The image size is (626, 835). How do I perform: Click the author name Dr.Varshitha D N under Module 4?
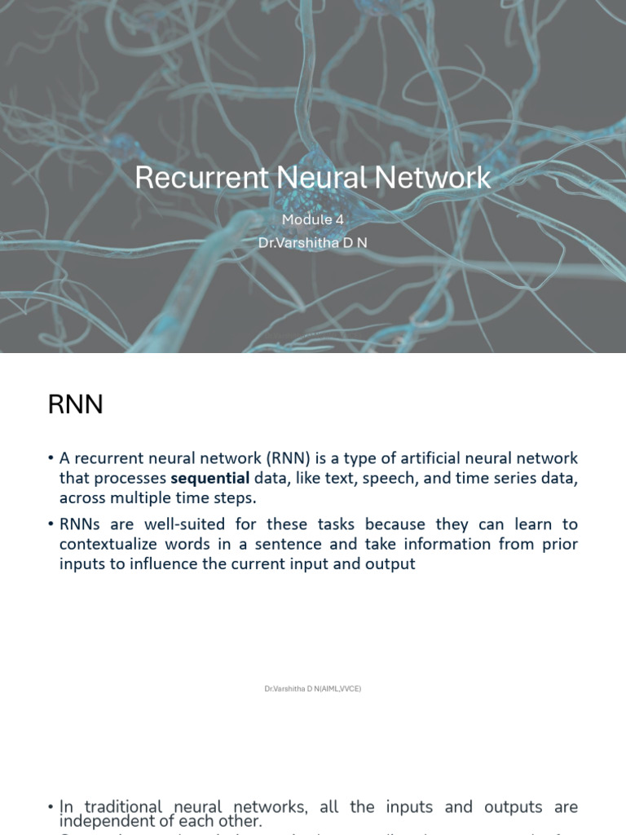point(312,243)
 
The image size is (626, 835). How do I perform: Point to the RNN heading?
point(75,404)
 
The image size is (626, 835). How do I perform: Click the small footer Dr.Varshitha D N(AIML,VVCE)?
point(312,689)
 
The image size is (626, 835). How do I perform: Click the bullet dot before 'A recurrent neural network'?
point(51,459)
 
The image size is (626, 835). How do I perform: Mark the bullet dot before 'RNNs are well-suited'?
point(51,524)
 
